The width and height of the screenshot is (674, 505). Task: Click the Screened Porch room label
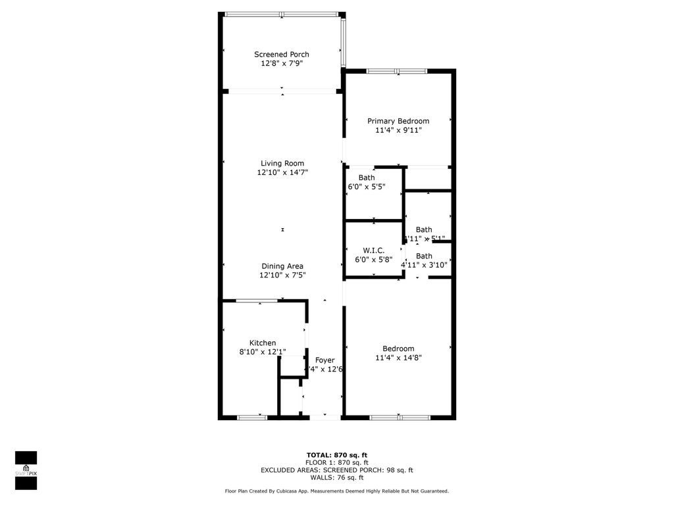click(282, 55)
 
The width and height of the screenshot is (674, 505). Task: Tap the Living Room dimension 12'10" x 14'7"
click(282, 172)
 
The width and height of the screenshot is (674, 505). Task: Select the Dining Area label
click(282, 266)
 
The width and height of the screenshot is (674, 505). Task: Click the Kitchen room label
click(263, 343)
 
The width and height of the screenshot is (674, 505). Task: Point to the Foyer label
click(324, 360)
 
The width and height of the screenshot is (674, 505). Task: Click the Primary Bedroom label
click(398, 121)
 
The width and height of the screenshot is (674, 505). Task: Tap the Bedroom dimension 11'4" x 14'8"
click(398, 358)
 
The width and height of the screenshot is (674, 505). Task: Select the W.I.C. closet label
click(373, 251)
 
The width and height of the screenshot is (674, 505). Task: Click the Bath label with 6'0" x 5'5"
click(367, 178)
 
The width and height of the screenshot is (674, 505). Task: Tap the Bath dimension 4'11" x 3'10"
click(424, 265)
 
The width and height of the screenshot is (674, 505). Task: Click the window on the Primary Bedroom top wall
click(397, 71)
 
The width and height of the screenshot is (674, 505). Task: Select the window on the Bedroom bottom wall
click(400, 417)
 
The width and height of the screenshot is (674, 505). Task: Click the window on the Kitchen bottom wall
click(252, 417)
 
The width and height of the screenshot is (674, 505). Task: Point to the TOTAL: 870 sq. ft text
click(336, 455)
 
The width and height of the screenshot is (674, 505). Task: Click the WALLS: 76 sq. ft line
click(336, 477)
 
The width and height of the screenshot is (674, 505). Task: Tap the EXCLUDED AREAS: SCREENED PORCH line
click(336, 470)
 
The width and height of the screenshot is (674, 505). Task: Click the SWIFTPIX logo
click(26, 470)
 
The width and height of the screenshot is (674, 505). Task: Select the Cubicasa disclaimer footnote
click(336, 491)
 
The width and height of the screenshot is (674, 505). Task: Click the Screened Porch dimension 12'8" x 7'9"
click(282, 64)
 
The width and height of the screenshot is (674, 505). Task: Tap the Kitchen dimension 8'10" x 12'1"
click(263, 352)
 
